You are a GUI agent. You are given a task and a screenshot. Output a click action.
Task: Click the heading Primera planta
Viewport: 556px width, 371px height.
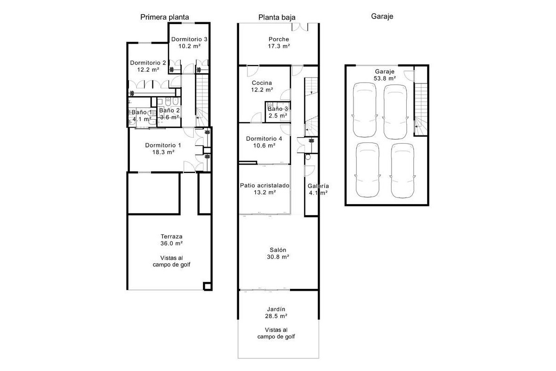(x=164, y=17)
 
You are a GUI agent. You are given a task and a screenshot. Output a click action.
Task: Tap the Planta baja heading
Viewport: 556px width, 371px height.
(x=277, y=18)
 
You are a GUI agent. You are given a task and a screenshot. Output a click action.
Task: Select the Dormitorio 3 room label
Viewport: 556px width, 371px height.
(x=189, y=39)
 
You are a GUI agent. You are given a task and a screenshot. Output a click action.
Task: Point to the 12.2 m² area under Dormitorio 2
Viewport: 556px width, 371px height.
(x=148, y=70)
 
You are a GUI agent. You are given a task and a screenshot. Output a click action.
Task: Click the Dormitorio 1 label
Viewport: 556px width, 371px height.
(x=163, y=145)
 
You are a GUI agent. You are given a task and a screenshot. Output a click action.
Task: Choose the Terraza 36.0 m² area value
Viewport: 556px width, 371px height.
(x=171, y=243)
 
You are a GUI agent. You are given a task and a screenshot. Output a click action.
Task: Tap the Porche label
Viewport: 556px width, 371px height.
(x=279, y=39)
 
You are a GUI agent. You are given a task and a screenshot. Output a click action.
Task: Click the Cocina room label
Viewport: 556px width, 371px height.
(x=262, y=83)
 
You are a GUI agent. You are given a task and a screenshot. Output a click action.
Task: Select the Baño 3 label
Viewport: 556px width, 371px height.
(x=278, y=109)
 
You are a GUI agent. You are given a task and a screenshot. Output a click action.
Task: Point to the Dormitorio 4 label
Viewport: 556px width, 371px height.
(x=264, y=138)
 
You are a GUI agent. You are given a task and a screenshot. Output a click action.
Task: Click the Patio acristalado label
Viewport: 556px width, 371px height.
(x=265, y=185)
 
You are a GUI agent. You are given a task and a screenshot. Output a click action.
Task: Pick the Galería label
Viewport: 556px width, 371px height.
(x=318, y=186)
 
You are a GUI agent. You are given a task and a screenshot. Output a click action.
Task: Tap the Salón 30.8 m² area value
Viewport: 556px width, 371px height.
(x=278, y=257)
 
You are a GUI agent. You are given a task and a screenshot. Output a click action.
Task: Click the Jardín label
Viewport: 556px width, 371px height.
(x=276, y=309)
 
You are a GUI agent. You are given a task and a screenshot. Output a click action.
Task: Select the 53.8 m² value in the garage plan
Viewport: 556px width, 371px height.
(x=385, y=78)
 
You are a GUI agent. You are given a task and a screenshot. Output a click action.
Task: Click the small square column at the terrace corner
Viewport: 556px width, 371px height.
(x=208, y=286)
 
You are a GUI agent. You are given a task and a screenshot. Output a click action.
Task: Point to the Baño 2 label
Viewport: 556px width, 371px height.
(x=170, y=110)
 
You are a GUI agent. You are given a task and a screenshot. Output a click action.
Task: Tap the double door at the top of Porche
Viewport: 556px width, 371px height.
(x=300, y=27)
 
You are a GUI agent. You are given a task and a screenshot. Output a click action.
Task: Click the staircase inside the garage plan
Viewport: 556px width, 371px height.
(x=421, y=109)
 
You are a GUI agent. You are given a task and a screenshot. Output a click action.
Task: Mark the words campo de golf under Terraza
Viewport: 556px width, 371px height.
(x=171, y=265)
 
